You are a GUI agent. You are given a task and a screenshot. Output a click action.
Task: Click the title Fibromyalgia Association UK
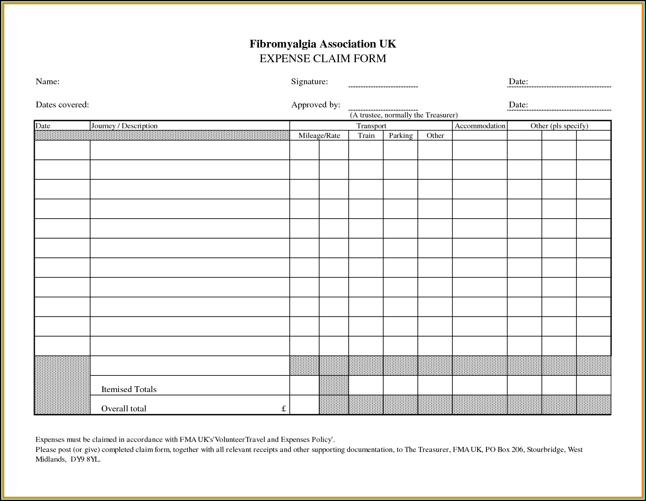(x=323, y=44)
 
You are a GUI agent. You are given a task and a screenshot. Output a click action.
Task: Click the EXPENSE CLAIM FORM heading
(x=323, y=59)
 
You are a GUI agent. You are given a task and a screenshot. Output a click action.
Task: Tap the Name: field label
(x=48, y=82)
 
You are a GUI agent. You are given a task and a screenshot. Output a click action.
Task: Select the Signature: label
(x=309, y=82)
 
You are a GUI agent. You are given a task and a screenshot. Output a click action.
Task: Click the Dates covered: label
(x=62, y=105)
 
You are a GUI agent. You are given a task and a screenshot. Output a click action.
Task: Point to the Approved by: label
(x=316, y=105)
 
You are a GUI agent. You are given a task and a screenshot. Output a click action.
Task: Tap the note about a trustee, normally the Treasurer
(x=404, y=115)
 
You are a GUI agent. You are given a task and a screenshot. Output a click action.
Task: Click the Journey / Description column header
(x=124, y=126)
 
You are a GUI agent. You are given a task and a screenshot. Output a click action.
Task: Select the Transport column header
(x=371, y=126)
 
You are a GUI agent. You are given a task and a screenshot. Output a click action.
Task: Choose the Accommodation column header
(x=480, y=126)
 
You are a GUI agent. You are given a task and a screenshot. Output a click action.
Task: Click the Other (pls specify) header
(x=559, y=126)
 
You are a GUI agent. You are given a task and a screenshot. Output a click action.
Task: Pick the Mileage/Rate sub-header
(x=319, y=136)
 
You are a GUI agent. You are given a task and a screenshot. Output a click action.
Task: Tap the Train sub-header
(x=366, y=136)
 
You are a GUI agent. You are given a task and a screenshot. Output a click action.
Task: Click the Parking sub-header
(x=401, y=136)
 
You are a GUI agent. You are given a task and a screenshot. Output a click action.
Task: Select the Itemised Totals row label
(x=129, y=389)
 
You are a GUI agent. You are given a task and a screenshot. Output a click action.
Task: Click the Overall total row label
(x=124, y=409)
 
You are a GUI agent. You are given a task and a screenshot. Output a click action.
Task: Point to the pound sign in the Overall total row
(x=284, y=409)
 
